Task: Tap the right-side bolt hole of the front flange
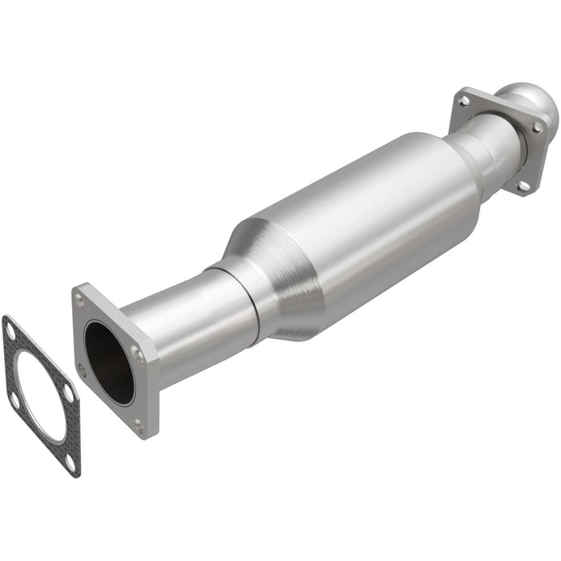tap(137, 353)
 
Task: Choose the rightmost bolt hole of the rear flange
tap(537, 127)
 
